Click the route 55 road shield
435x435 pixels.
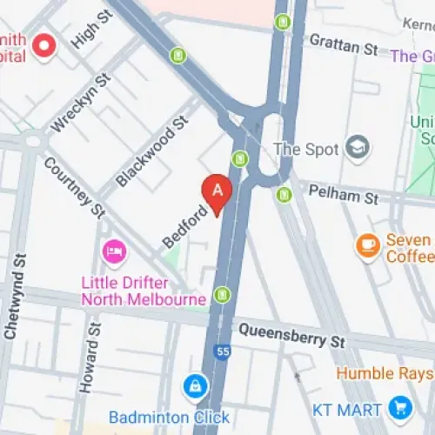223,351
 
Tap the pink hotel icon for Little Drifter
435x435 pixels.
113,253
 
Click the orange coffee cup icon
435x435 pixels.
369,246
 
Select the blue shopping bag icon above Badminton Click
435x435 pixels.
196,384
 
